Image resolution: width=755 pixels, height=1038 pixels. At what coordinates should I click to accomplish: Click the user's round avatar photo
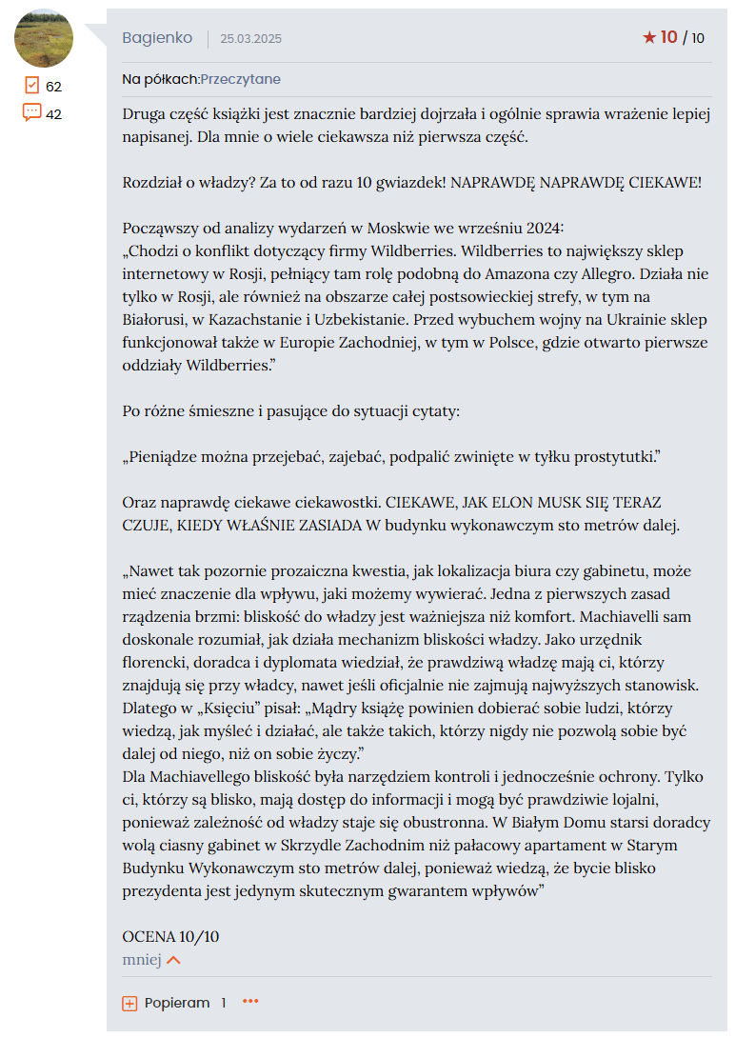point(44,38)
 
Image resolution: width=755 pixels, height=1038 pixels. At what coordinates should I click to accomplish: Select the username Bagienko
point(157,38)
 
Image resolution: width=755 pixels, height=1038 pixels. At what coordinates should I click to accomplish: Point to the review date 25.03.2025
point(250,39)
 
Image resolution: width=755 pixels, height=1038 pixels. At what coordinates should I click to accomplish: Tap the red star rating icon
point(649,38)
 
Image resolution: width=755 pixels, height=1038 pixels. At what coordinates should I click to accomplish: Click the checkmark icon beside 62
point(31,86)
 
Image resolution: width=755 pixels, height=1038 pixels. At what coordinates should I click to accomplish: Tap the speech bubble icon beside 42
point(31,113)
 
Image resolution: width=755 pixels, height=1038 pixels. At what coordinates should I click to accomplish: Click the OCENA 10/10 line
point(170,936)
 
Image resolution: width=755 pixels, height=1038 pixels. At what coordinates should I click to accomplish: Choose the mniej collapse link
point(142,960)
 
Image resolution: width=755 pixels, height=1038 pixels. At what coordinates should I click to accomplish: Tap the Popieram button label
point(177,1003)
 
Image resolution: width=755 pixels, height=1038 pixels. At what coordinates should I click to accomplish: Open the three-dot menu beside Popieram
point(250,1002)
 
